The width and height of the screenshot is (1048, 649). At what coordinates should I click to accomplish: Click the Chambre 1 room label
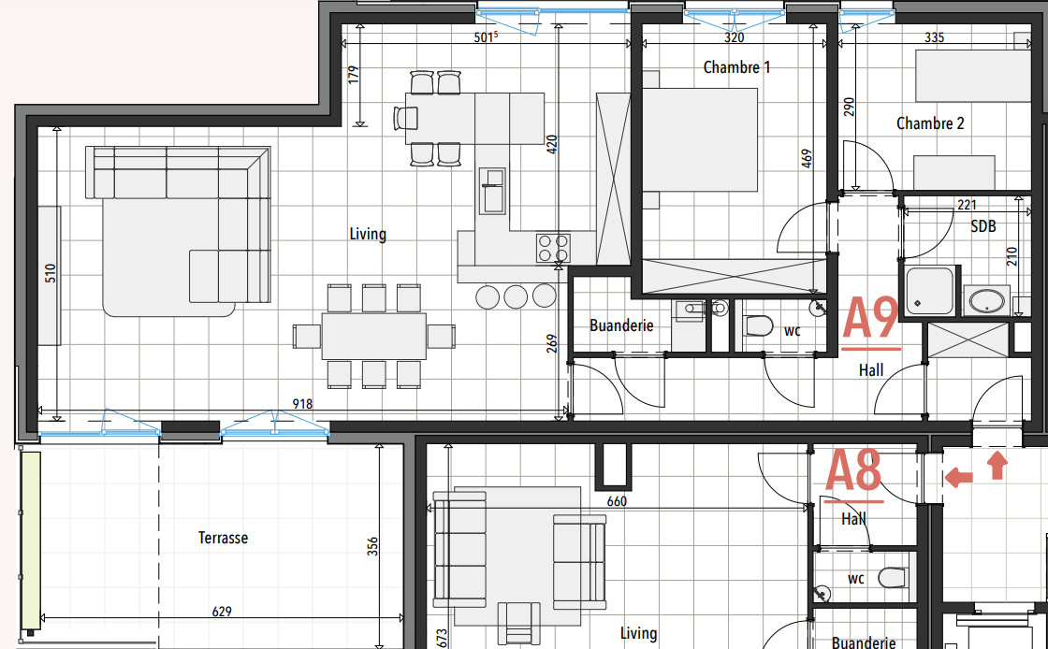pos(737,67)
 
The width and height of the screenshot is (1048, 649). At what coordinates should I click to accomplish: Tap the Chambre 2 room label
pos(930,123)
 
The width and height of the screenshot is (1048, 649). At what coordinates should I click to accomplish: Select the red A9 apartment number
pos(871,320)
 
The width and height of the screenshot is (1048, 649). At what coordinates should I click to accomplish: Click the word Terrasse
pos(223,538)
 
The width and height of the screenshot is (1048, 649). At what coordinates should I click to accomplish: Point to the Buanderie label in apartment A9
pos(621,325)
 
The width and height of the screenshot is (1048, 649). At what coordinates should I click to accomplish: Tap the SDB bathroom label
pos(983,226)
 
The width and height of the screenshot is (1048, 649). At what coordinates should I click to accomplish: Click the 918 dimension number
pos(301,404)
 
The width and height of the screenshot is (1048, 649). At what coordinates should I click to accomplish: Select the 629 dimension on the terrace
pos(222,612)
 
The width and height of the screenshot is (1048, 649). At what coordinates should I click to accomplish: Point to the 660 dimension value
pos(616,501)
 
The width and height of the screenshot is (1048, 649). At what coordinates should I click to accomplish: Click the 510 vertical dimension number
pos(51,273)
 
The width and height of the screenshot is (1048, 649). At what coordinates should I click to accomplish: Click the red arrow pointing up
pos(997,460)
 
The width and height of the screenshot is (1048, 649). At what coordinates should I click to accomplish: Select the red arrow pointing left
pos(958,478)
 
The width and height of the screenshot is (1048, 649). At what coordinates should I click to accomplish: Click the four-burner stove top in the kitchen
pos(552,247)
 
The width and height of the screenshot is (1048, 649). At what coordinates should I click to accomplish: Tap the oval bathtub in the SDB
pos(986,301)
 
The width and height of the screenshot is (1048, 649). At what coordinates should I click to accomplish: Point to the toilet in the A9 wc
pos(757,325)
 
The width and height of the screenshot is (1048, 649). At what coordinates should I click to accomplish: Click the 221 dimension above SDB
pos(967,204)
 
